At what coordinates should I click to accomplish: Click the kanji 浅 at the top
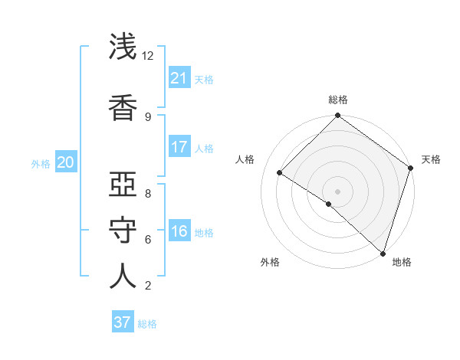pos(123,48)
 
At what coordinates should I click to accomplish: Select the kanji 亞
pos(123,185)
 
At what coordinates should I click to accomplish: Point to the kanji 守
pos(123,231)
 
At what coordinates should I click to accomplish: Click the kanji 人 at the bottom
pos(123,277)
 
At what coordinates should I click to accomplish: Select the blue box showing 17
pos(179,147)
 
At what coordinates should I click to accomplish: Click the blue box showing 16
pos(179,232)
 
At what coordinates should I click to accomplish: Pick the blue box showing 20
pos(65,162)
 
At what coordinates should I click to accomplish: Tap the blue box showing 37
pos(123,322)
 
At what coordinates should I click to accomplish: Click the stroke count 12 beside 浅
pos(148,56)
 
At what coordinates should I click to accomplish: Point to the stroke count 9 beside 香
pos(148,116)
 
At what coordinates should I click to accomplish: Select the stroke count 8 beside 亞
pos(148,193)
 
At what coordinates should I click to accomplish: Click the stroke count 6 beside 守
pos(148,239)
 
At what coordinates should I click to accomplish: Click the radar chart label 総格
pos(337,100)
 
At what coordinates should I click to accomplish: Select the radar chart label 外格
pos(270,263)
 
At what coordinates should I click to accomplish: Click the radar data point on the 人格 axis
pos(280,172)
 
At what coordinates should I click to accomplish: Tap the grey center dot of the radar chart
pos(337,191)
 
